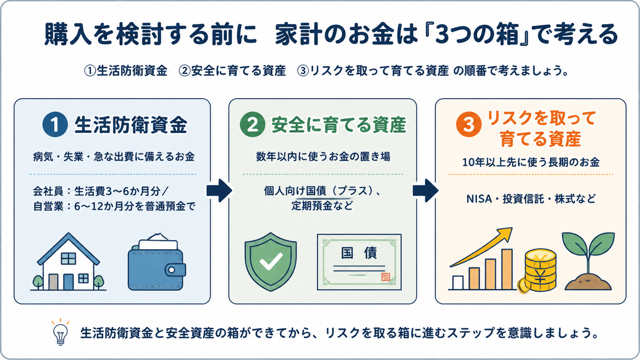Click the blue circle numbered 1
pyautogui.click(x=55, y=124)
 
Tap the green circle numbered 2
pyautogui.click(x=253, y=124)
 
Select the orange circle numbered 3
pyautogui.click(x=469, y=124)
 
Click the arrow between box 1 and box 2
pyautogui.click(x=219, y=190)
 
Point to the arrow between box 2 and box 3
pyautogui.click(x=426, y=190)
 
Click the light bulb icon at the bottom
pyautogui.click(x=61, y=332)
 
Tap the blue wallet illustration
pyautogui.click(x=157, y=262)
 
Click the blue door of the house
pyautogui.click(x=68, y=282)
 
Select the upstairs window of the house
pyautogui.click(x=69, y=258)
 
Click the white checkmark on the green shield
pyautogui.click(x=270, y=261)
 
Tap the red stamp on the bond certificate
pyautogui.click(x=386, y=277)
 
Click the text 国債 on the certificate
pyautogui.click(x=359, y=253)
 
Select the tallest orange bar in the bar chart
pyautogui.click(x=507, y=269)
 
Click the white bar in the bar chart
pyautogui.click(x=458, y=283)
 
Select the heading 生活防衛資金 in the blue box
pyautogui.click(x=131, y=125)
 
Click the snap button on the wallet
pyautogui.click(x=172, y=270)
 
